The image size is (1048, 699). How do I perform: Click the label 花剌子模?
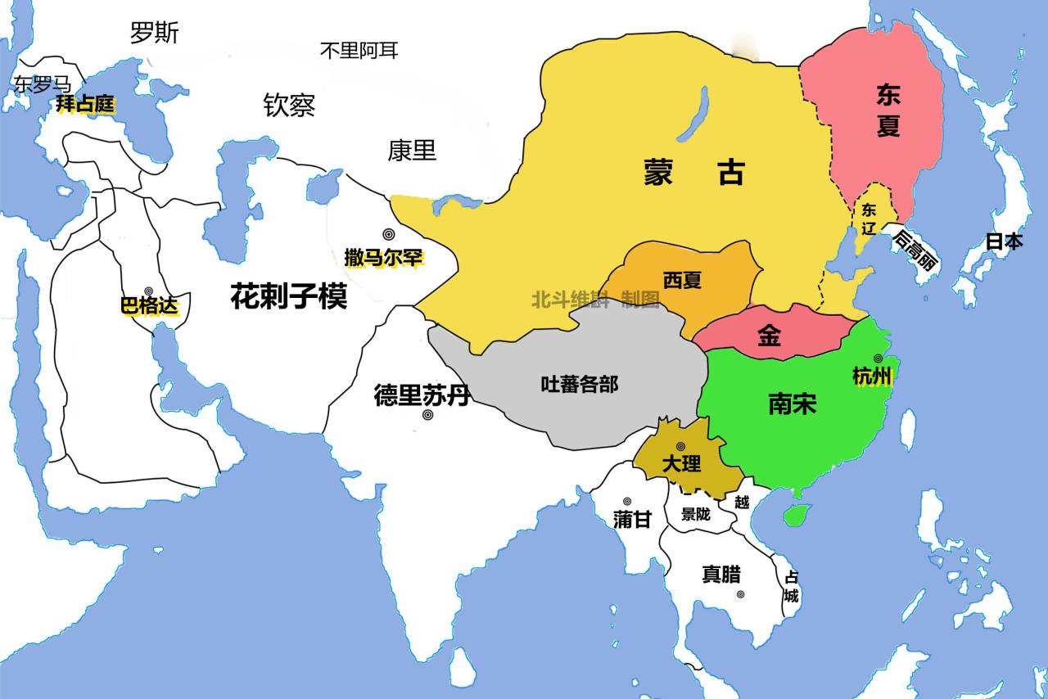[x=288, y=295]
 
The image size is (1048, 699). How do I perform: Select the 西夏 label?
[x=682, y=281]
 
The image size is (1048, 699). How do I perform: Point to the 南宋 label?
[x=793, y=403]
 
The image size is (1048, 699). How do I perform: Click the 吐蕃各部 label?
[x=580, y=384]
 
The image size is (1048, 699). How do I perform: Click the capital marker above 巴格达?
[x=149, y=291]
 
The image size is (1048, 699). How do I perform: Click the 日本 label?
[x=1004, y=241]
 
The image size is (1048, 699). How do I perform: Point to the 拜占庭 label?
[x=84, y=105]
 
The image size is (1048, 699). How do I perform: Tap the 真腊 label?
[x=721, y=574]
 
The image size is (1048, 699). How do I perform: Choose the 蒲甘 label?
[x=631, y=520]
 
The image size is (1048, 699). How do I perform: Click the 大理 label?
[x=681, y=463]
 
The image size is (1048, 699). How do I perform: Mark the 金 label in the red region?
[x=768, y=336]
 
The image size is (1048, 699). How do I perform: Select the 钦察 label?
[x=289, y=105]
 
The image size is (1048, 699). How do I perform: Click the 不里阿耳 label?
[x=359, y=51]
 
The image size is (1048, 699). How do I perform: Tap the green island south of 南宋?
[x=793, y=515]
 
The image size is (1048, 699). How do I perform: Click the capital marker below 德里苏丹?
[x=427, y=416]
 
